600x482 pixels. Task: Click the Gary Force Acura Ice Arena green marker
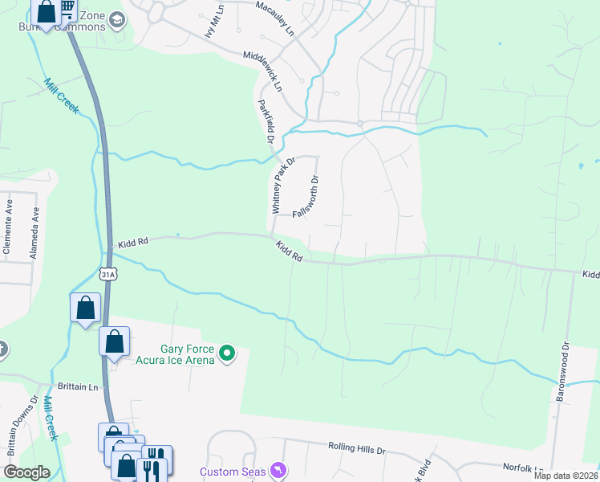click(x=227, y=353)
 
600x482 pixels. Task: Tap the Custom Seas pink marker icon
click(x=278, y=468)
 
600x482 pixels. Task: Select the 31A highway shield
click(x=108, y=275)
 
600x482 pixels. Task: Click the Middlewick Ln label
click(x=264, y=70)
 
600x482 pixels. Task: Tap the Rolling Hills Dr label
click(x=357, y=447)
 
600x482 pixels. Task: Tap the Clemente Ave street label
click(x=6, y=228)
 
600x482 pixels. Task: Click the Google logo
click(x=27, y=472)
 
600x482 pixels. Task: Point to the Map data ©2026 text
click(x=566, y=476)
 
